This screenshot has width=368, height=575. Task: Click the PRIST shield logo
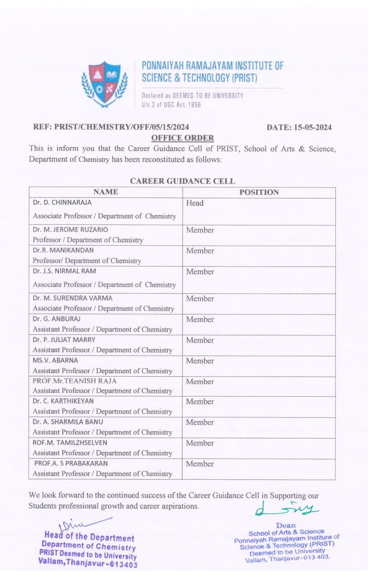[x=105, y=84]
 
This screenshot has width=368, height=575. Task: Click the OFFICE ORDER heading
[x=183, y=138]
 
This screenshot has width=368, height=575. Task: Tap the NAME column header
[x=105, y=192]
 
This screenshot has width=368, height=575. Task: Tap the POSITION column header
[x=259, y=192]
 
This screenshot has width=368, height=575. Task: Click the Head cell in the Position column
[x=195, y=203]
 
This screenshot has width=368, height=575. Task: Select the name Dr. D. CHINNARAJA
[x=62, y=203]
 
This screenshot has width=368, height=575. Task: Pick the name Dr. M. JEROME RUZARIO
[x=70, y=230]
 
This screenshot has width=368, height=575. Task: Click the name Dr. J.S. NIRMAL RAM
[x=64, y=271]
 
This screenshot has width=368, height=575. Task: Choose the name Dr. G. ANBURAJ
[x=57, y=319]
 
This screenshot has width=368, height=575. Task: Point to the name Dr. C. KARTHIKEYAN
[x=63, y=401]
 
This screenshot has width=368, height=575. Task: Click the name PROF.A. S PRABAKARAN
[x=71, y=463]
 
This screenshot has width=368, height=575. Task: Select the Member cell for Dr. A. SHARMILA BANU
[x=200, y=423]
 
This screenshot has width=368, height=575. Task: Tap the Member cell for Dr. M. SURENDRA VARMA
[x=200, y=299]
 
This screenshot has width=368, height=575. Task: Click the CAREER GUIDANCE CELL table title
[x=183, y=181]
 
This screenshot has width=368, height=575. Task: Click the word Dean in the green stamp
[x=286, y=525]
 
